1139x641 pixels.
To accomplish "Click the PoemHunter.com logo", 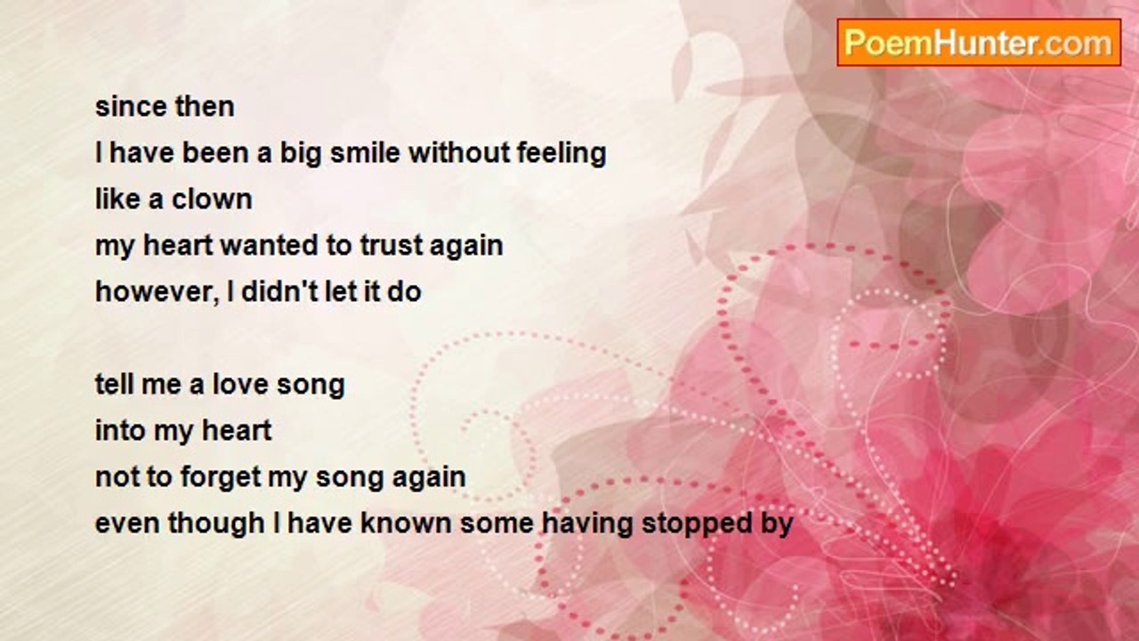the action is click(979, 43).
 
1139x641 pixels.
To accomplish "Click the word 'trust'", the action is click(391, 246).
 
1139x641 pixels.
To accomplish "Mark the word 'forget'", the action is click(220, 478).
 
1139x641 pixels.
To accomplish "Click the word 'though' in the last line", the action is click(215, 524).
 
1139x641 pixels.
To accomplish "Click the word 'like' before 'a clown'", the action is click(118, 199).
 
